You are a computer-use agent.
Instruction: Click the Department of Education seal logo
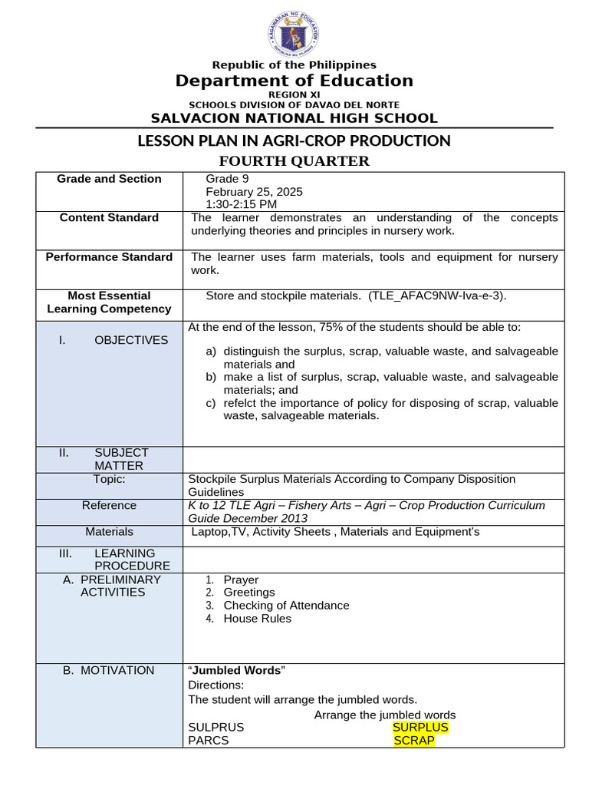point(294,35)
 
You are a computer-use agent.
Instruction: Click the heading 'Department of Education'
point(294,81)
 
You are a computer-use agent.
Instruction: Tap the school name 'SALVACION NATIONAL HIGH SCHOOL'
point(294,118)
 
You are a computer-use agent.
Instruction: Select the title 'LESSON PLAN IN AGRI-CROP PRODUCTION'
point(294,140)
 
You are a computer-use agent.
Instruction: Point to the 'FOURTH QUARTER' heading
point(294,160)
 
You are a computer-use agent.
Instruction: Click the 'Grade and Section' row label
point(109,179)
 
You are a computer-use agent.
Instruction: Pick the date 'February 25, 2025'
point(248,192)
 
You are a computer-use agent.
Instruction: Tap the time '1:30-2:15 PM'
point(242,204)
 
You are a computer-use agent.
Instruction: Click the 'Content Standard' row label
point(109,218)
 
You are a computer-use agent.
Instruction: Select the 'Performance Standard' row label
point(109,257)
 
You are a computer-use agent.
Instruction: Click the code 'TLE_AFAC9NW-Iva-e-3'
point(436,296)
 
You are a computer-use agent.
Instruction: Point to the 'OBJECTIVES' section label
point(131,340)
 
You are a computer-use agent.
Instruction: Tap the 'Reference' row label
point(109,505)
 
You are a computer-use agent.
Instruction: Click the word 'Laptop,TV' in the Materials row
point(220,531)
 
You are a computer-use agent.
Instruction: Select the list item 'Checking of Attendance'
point(286,606)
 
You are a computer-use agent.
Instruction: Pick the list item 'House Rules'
point(257,619)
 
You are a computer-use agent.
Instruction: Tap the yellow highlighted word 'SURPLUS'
point(420,727)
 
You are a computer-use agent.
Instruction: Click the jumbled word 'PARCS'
point(209,741)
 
